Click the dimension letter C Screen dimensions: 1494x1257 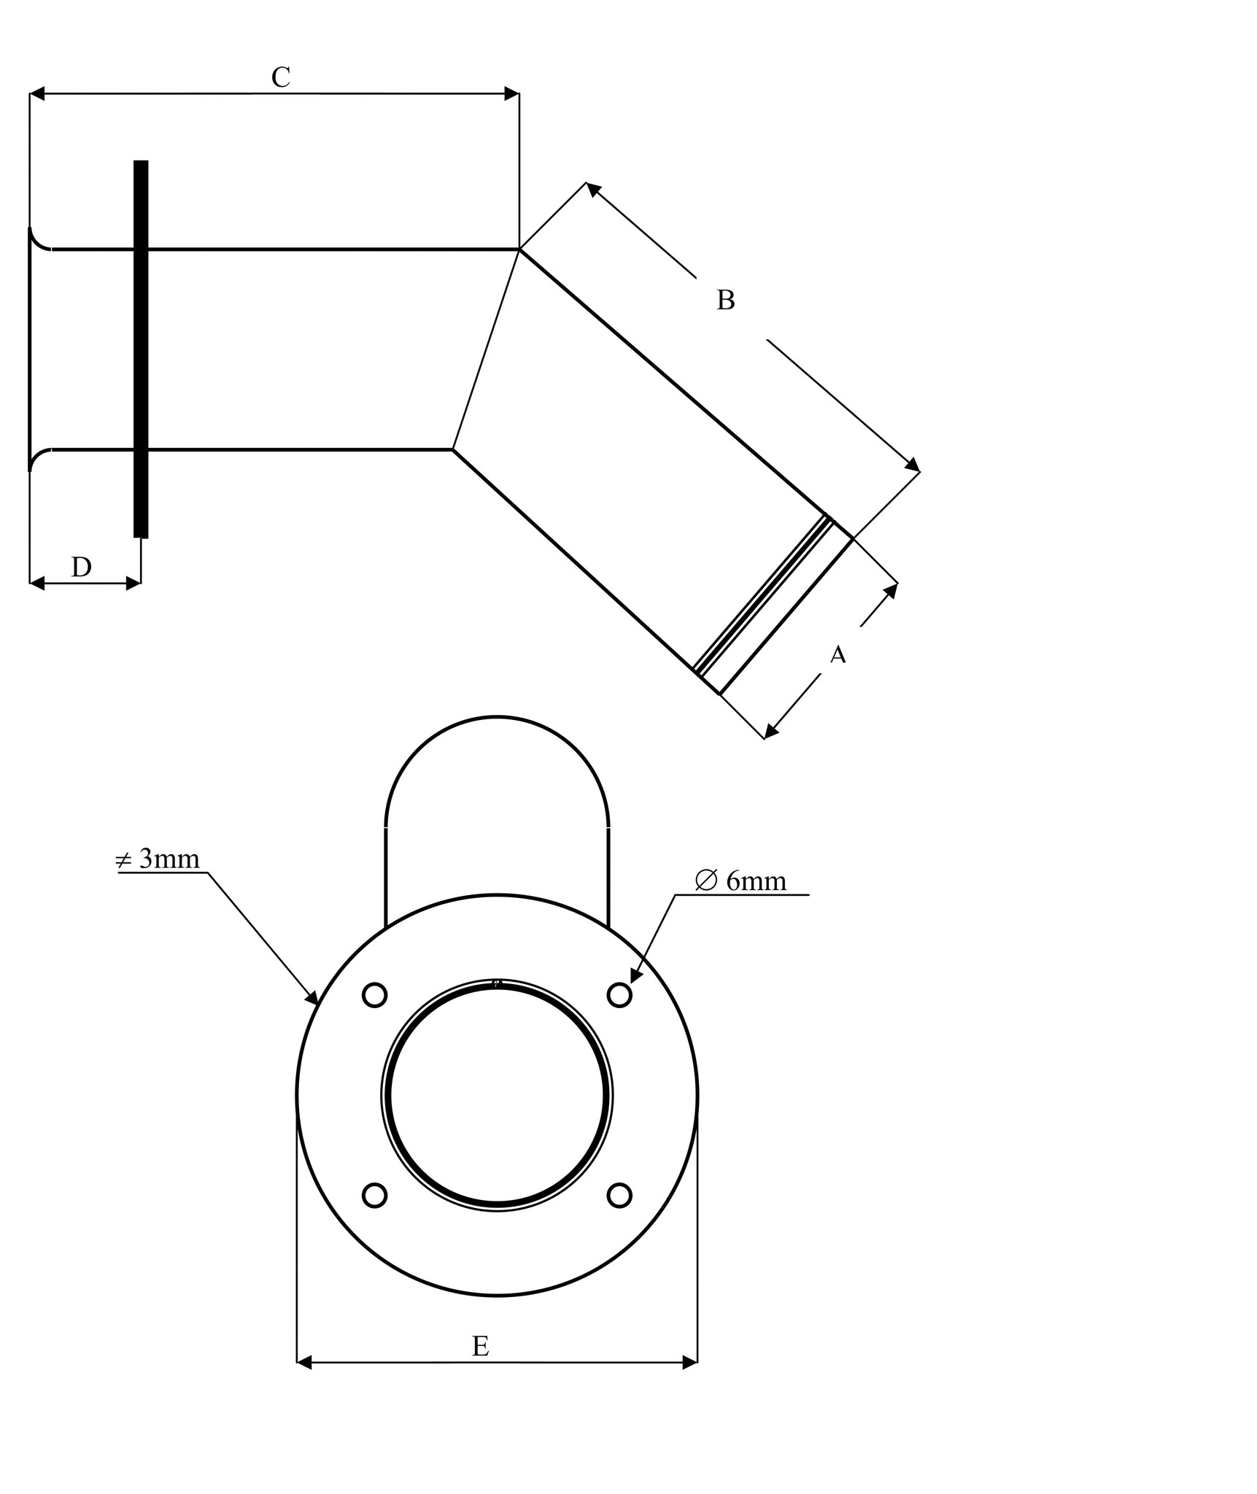click(x=281, y=77)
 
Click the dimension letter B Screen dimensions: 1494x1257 click(x=725, y=300)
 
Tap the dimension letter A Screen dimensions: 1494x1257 click(x=838, y=654)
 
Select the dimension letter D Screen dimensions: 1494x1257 click(x=81, y=567)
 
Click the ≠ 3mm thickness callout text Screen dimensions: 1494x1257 click(x=158, y=859)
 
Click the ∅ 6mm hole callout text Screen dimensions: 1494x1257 click(x=741, y=881)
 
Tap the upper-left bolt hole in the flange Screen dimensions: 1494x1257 click(x=374, y=995)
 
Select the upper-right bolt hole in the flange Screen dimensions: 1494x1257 click(x=619, y=995)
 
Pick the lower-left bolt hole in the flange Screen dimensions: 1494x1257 click(x=374, y=1195)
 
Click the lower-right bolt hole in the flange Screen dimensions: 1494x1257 click(x=619, y=1195)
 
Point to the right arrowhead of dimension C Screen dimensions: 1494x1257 click(x=513, y=93)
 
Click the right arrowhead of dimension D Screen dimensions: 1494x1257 click(x=134, y=583)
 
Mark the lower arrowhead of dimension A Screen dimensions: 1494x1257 click(x=770, y=732)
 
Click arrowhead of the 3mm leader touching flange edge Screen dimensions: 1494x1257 click(x=313, y=998)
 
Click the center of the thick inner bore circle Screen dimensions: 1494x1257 click(x=497, y=1095)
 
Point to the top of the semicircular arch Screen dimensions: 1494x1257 click(x=497, y=717)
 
